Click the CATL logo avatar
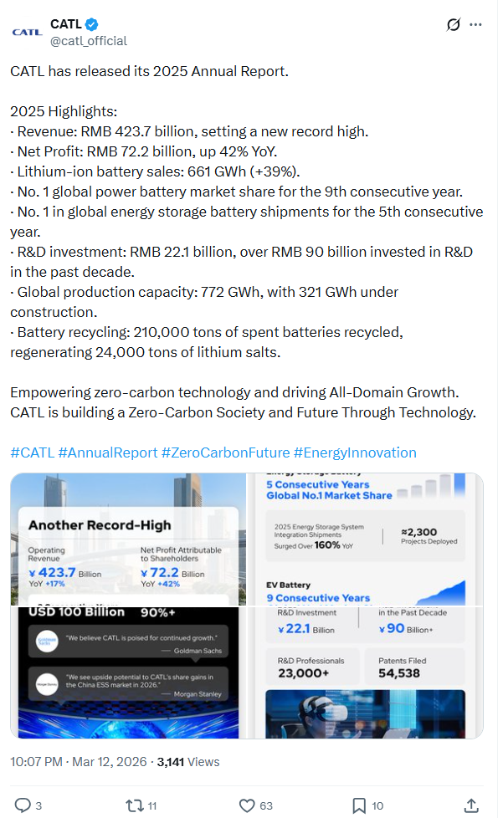(x=27, y=32)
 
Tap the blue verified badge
(x=95, y=24)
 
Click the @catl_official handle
(x=89, y=40)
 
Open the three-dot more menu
(x=475, y=25)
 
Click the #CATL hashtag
(x=32, y=452)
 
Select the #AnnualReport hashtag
(x=107, y=452)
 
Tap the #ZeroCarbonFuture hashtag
(x=225, y=452)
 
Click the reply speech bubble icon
(x=23, y=805)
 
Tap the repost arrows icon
(x=133, y=805)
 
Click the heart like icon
(x=247, y=805)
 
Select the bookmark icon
(x=359, y=805)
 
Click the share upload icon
(x=472, y=805)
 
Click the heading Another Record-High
(x=100, y=525)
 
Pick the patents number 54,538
(x=399, y=672)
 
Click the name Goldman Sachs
(x=193, y=650)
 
